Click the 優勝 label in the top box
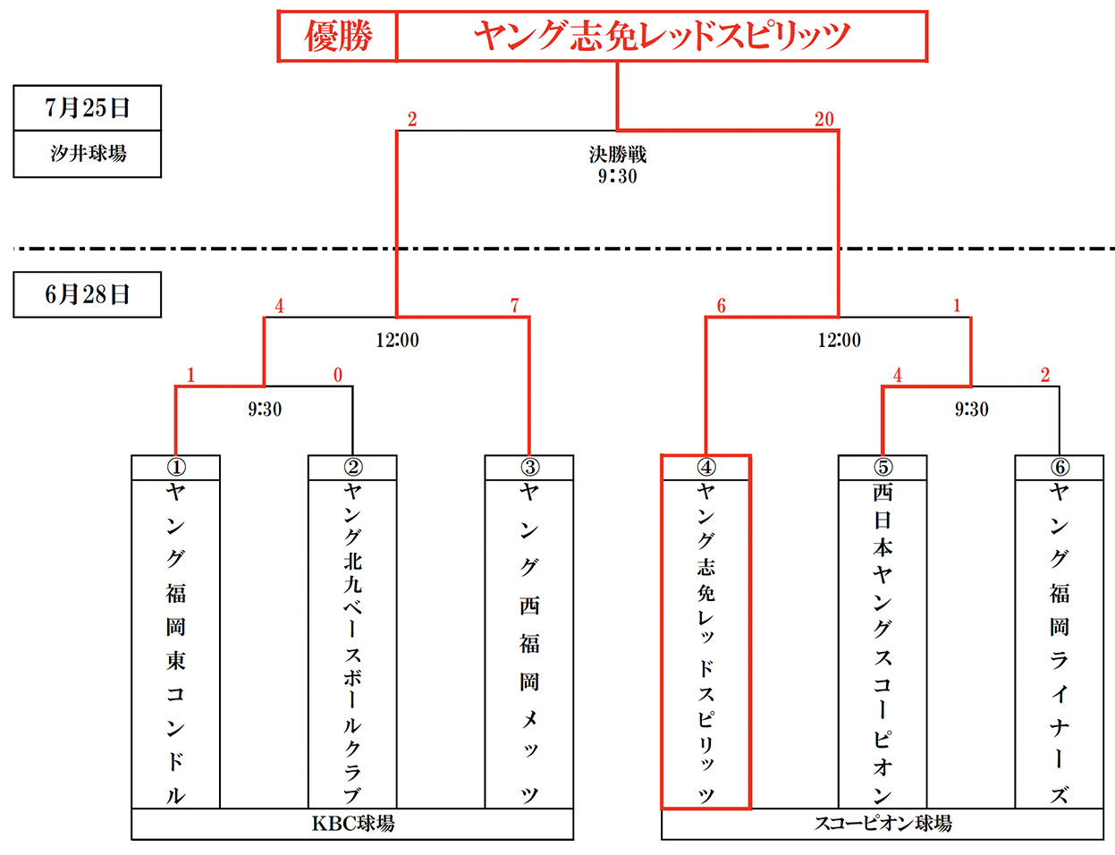click(338, 37)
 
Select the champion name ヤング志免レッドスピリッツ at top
click(662, 37)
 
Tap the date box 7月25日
click(88, 108)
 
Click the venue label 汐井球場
click(89, 154)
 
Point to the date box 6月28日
click(88, 294)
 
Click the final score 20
click(824, 119)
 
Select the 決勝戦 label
click(618, 155)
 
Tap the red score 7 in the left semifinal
click(515, 305)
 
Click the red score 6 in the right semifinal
click(721, 305)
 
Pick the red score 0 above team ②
click(338, 375)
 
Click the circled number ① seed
click(176, 467)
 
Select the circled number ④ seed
click(706, 467)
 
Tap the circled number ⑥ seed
click(1060, 467)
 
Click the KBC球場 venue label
click(353, 824)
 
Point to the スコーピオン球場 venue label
click(883, 824)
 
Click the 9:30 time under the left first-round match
click(265, 409)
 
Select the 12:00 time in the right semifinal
click(839, 340)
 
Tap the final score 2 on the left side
click(412, 120)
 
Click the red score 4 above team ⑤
click(898, 375)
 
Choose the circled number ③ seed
click(530, 467)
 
